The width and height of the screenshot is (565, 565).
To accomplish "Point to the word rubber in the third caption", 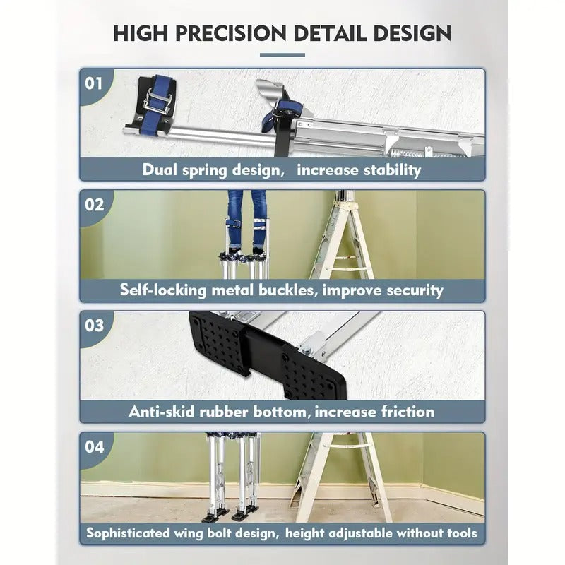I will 238,411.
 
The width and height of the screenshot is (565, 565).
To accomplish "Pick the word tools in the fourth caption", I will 457,533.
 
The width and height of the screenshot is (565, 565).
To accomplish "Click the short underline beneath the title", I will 282,54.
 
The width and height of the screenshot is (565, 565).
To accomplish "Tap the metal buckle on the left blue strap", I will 157,105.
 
